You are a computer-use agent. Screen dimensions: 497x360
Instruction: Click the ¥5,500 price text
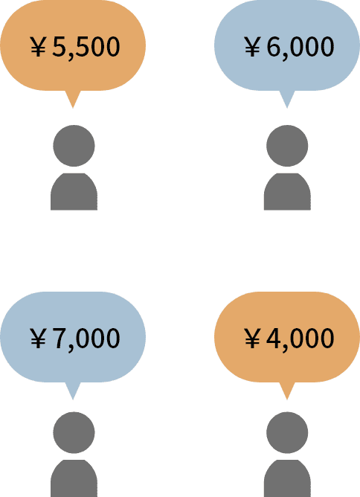(74, 48)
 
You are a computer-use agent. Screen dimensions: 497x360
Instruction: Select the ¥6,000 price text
(289, 48)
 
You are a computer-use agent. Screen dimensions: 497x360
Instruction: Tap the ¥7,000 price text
(74, 339)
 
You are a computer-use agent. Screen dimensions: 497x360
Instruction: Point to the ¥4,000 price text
(289, 339)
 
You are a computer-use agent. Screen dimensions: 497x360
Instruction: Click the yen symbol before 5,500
(39, 48)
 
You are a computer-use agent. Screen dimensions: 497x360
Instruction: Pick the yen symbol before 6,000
(253, 48)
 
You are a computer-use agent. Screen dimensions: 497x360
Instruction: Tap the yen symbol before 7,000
(39, 339)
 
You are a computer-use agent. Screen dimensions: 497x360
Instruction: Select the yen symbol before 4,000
(253, 339)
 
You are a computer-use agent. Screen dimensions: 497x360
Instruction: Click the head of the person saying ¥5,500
(74, 145)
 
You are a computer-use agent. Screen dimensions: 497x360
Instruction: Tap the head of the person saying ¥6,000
(287, 145)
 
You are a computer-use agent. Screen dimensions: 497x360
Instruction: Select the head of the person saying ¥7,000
(74, 432)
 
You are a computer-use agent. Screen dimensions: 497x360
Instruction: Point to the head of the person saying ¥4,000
(287, 432)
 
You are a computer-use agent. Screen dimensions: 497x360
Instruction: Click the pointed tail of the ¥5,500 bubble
(72, 99)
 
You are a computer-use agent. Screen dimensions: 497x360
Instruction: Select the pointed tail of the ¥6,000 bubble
(286, 99)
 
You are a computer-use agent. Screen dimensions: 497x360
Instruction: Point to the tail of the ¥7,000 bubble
(72, 391)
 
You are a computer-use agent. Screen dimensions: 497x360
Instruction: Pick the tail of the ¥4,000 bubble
(286, 391)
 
